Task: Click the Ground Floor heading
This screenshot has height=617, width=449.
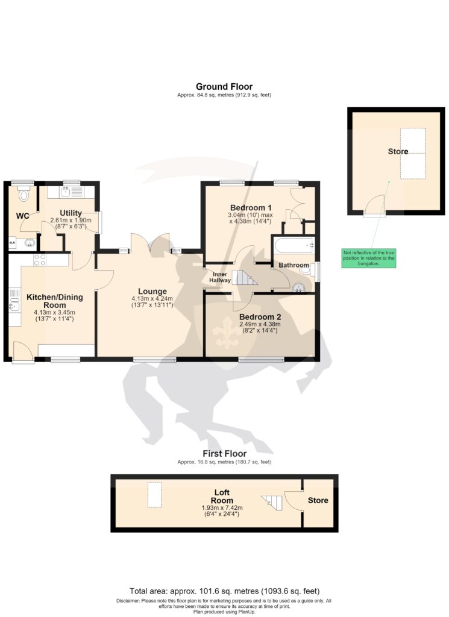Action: [224, 87]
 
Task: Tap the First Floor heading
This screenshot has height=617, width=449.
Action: [224, 454]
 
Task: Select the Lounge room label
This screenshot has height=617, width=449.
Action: [152, 292]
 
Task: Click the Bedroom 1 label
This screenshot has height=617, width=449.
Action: [251, 208]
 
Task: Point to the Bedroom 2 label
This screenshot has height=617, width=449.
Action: [260, 317]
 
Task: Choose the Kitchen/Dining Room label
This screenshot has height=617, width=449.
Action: [55, 301]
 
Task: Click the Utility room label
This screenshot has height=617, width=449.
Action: [71, 213]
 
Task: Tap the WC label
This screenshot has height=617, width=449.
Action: [22, 216]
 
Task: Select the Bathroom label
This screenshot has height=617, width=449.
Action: [294, 265]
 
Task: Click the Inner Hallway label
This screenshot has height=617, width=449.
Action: [219, 277]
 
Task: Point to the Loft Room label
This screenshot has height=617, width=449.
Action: [222, 496]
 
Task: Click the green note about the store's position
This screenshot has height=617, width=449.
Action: [368, 258]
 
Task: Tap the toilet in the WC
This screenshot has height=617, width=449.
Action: [24, 193]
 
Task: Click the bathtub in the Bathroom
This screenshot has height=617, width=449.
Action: [294, 245]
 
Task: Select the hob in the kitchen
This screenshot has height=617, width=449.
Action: [40, 260]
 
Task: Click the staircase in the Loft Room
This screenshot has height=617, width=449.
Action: [272, 503]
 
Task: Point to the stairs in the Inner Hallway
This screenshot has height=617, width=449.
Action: [244, 277]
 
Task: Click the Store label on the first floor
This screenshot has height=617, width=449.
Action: [318, 501]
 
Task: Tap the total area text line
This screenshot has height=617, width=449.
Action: [224, 591]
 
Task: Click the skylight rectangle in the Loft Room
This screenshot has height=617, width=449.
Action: [155, 495]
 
